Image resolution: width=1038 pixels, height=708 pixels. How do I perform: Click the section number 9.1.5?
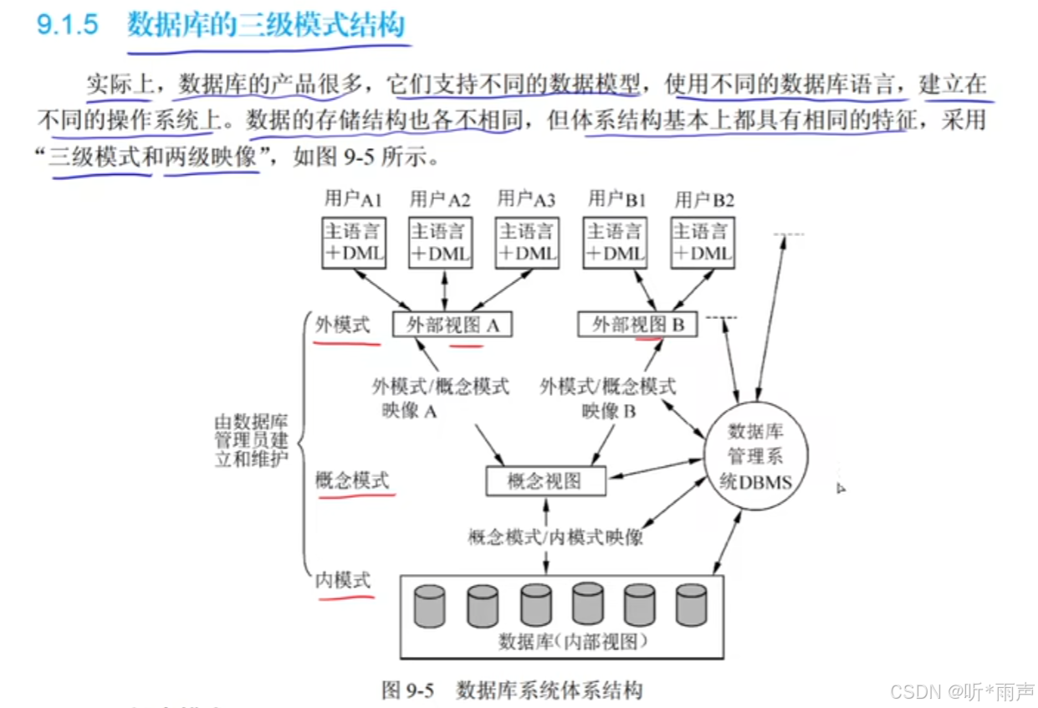[x=68, y=25]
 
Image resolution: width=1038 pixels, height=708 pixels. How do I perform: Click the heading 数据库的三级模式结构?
[x=265, y=25]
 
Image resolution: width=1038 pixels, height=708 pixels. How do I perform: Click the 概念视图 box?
[x=545, y=481]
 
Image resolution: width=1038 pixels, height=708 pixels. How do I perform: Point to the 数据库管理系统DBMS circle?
[x=756, y=456]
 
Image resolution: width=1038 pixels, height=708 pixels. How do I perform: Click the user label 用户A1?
[x=354, y=199]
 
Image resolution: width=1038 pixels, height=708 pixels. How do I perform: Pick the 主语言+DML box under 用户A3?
[x=527, y=244]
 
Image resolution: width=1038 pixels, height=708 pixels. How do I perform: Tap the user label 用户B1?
[x=617, y=199]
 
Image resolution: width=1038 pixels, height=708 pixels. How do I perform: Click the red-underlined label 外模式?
[x=342, y=325]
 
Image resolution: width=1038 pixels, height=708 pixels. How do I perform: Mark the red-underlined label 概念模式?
[x=351, y=480]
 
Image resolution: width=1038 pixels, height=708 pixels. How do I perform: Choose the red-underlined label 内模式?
[x=342, y=580]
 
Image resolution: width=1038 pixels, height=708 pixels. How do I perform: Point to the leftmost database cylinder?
[x=430, y=607]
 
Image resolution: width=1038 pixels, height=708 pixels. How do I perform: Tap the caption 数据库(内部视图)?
[x=562, y=642]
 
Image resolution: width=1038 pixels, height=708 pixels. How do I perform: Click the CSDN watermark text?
[x=962, y=691]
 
